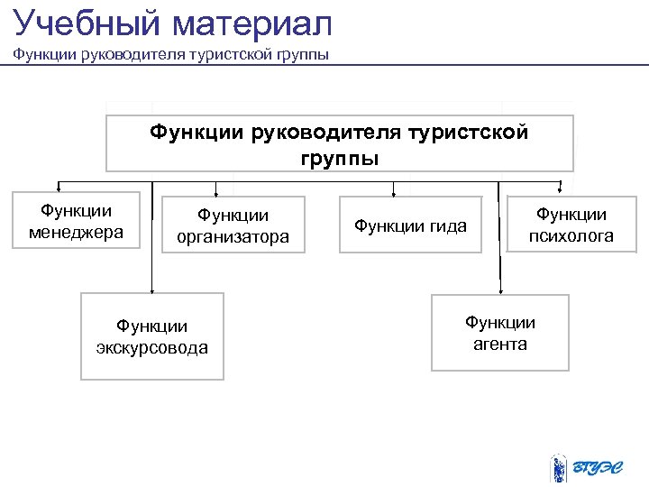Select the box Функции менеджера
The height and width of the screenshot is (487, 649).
click(x=77, y=220)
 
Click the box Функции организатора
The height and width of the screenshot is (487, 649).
click(x=233, y=226)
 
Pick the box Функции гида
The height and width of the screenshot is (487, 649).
click(x=410, y=226)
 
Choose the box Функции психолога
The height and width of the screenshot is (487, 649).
click(x=571, y=225)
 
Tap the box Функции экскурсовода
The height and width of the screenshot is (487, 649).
click(x=151, y=336)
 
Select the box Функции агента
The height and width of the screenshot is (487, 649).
click(x=499, y=333)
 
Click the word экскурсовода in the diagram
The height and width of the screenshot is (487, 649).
click(x=151, y=347)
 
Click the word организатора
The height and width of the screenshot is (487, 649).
click(x=233, y=237)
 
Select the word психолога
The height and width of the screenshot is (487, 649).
click(x=571, y=236)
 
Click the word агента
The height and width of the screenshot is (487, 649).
click(x=499, y=344)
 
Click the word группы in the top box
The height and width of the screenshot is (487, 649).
click(x=339, y=158)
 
